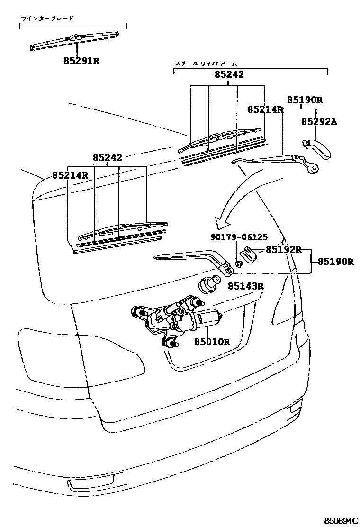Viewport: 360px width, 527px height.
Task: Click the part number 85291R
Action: tap(81, 61)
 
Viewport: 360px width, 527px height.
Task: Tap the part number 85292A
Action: tap(319, 122)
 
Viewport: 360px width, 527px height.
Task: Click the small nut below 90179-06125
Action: tap(239, 263)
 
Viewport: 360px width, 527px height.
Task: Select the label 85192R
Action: tap(283, 249)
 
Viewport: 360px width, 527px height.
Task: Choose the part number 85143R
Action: tap(245, 286)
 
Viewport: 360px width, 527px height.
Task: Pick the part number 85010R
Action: tap(211, 341)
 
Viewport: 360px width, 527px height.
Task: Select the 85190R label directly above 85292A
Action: tap(305, 100)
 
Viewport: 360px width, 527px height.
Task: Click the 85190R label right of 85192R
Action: tap(335, 261)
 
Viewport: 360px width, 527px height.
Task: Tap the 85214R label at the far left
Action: tap(70, 175)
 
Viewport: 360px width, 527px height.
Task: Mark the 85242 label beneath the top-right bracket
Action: tap(229, 74)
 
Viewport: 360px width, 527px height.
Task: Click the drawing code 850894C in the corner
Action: tap(341, 520)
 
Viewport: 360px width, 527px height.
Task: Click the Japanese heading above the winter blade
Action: tap(47, 18)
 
